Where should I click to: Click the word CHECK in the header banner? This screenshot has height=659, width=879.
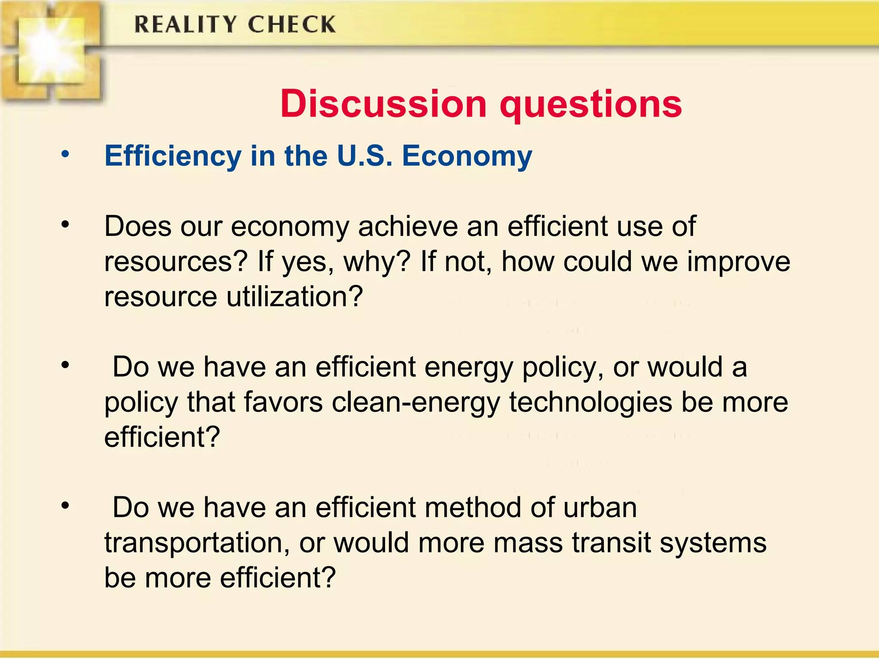(x=291, y=24)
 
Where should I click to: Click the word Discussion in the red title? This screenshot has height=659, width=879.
(x=383, y=104)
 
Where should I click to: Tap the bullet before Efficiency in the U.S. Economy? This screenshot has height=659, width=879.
(x=65, y=154)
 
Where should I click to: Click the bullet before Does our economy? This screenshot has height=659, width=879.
(x=65, y=224)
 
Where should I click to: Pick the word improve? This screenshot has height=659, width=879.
(x=738, y=262)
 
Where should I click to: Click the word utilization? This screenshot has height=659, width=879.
(x=294, y=296)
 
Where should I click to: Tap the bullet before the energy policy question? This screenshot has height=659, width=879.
(x=65, y=365)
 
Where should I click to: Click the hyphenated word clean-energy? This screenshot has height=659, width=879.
(x=416, y=403)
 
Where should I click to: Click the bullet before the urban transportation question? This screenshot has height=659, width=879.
(x=65, y=505)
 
